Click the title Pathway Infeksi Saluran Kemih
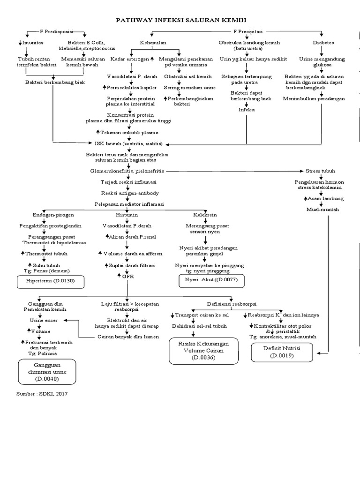click(180, 20)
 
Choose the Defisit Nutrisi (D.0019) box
click(281, 352)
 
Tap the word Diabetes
click(323, 42)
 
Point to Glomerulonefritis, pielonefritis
click(127, 171)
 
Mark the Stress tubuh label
click(321, 171)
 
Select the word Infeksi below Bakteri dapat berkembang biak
click(247, 110)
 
